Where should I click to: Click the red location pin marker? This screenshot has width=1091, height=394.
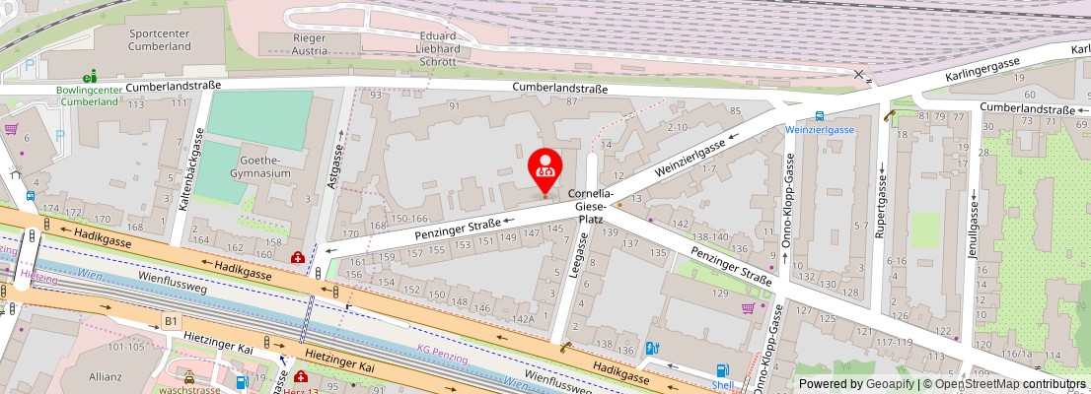545,167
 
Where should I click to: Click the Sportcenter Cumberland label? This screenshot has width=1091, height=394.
160,39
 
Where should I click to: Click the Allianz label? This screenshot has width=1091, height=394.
105,376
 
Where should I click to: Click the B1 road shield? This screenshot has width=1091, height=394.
171,321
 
